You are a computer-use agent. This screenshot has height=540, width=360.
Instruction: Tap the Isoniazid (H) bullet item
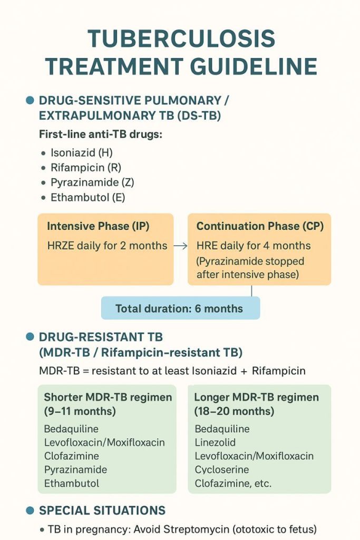[82, 153]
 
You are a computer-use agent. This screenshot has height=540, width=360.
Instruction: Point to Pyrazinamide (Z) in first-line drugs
[92, 183]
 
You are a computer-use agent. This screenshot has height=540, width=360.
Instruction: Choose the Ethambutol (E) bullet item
[88, 198]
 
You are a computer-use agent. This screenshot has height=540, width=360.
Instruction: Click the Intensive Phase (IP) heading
[98, 226]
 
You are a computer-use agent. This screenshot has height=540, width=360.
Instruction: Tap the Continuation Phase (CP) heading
[260, 226]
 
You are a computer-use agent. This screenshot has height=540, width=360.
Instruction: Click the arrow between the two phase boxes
[180, 246]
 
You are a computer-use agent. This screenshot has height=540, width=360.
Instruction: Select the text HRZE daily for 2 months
[107, 246]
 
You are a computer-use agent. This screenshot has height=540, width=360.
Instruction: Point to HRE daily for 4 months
[254, 246]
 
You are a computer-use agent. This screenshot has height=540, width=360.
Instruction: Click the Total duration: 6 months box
[180, 308]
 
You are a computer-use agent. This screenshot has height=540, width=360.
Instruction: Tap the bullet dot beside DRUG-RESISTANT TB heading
[30, 337]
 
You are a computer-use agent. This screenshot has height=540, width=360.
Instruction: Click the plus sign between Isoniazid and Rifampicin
[244, 371]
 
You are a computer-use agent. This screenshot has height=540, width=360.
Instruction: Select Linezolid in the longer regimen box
[215, 442]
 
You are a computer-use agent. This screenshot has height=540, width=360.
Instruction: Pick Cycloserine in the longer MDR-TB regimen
[222, 470]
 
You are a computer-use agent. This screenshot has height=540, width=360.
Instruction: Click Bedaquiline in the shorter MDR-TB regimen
[71, 429]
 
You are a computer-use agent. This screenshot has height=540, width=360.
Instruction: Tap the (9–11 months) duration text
[80, 411]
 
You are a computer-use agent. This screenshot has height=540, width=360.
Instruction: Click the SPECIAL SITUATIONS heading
[102, 510]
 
